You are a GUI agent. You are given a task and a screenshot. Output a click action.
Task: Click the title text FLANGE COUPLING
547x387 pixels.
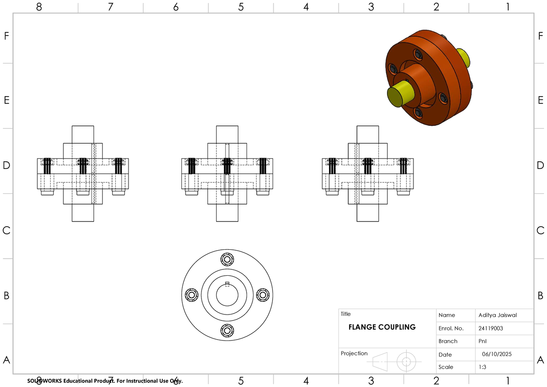[x=382, y=327]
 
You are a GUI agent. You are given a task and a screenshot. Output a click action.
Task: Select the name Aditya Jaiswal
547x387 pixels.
[x=498, y=315]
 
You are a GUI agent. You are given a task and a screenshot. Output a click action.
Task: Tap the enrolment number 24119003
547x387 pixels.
[x=491, y=328]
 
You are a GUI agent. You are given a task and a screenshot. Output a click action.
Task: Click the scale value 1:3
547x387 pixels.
[x=482, y=367]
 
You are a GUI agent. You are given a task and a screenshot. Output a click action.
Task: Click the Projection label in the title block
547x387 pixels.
[x=354, y=353]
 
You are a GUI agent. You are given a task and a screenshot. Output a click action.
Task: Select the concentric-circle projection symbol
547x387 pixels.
[x=406, y=362]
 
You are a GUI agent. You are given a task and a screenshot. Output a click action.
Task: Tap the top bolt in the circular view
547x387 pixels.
[x=227, y=259]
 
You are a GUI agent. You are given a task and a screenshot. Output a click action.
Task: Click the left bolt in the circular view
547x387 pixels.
[x=191, y=295]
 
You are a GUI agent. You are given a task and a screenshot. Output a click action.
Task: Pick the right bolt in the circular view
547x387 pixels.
[x=263, y=295]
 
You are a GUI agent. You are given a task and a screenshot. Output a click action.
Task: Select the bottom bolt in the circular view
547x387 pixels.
[x=227, y=330]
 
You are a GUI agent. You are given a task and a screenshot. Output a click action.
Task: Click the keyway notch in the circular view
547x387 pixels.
[x=227, y=284]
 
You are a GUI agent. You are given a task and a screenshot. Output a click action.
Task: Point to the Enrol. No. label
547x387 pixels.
[x=450, y=328]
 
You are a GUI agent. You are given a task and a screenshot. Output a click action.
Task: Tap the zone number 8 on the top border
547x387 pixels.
[x=39, y=7]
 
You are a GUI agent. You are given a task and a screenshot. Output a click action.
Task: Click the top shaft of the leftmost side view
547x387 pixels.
[x=83, y=134]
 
